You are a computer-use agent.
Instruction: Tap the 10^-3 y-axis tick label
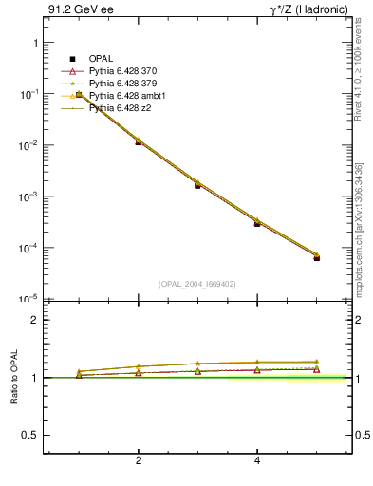coord(28,197)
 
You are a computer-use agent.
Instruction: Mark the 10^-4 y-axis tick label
coord(28,249)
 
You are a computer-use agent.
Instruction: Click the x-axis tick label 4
coord(257,461)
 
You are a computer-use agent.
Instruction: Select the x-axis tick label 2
coord(139,461)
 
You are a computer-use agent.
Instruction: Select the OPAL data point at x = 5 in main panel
coord(317,257)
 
